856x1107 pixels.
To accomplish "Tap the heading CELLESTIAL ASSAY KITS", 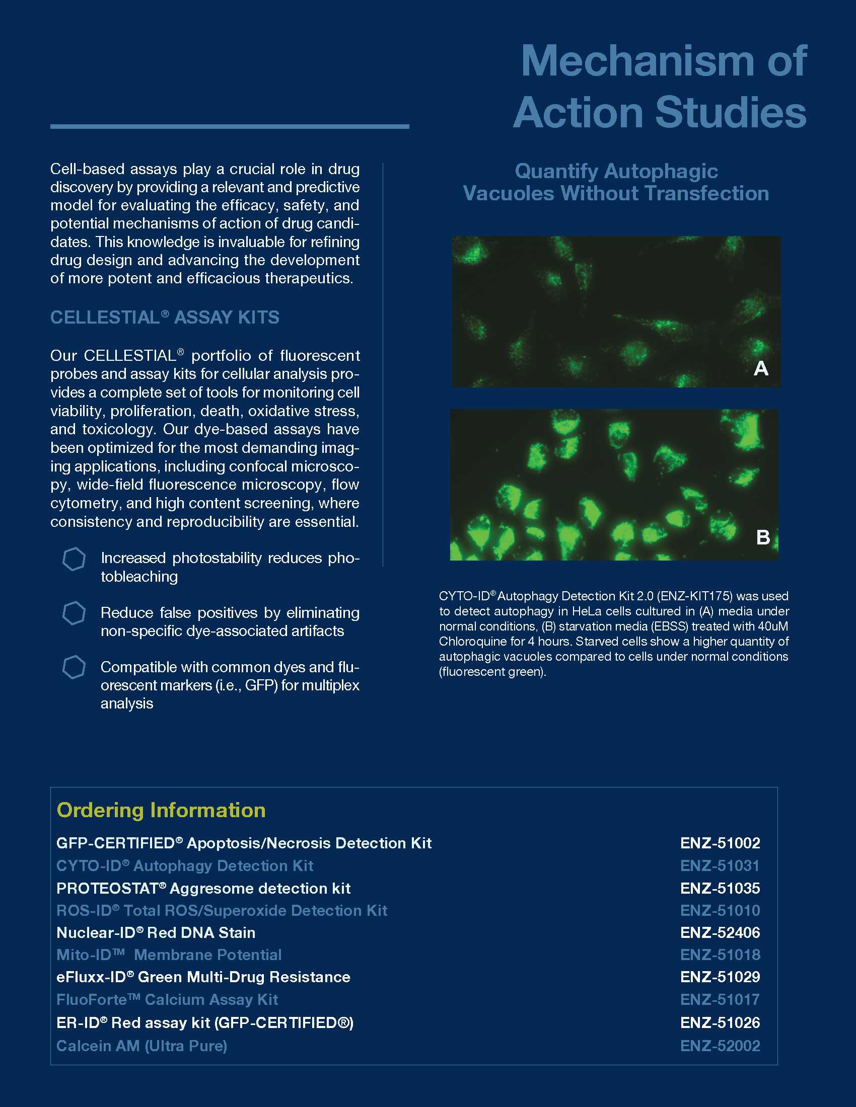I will pyautogui.click(x=164, y=318).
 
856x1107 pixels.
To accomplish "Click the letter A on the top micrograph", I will pyautogui.click(x=761, y=368).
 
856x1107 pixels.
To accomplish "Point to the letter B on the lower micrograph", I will pyautogui.click(x=763, y=537).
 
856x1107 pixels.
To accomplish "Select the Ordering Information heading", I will pyautogui.click(x=161, y=811).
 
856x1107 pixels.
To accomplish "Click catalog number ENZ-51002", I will pyautogui.click(x=720, y=843).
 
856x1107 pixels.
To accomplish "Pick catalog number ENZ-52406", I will pyautogui.click(x=720, y=932).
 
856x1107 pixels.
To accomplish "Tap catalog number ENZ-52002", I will pyautogui.click(x=720, y=1046).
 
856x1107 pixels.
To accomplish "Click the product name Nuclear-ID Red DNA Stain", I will pyautogui.click(x=156, y=932).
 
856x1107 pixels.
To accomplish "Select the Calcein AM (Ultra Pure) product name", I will pyautogui.click(x=141, y=1046).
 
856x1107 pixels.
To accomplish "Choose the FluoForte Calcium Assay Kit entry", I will pyautogui.click(x=167, y=999).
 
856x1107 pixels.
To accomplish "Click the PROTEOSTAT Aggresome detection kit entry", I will pyautogui.click(x=203, y=888).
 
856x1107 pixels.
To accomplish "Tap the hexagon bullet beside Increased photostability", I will pyautogui.click(x=74, y=560).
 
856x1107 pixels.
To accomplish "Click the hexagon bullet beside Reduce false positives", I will pyautogui.click(x=74, y=613).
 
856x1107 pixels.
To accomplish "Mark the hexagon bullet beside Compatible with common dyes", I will pyautogui.click(x=74, y=668).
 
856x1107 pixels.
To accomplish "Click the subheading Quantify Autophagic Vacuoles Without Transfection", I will pyautogui.click(x=616, y=182).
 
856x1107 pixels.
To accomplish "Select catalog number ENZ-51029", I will pyautogui.click(x=720, y=977).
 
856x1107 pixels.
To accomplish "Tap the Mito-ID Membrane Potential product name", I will pyautogui.click(x=169, y=955).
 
